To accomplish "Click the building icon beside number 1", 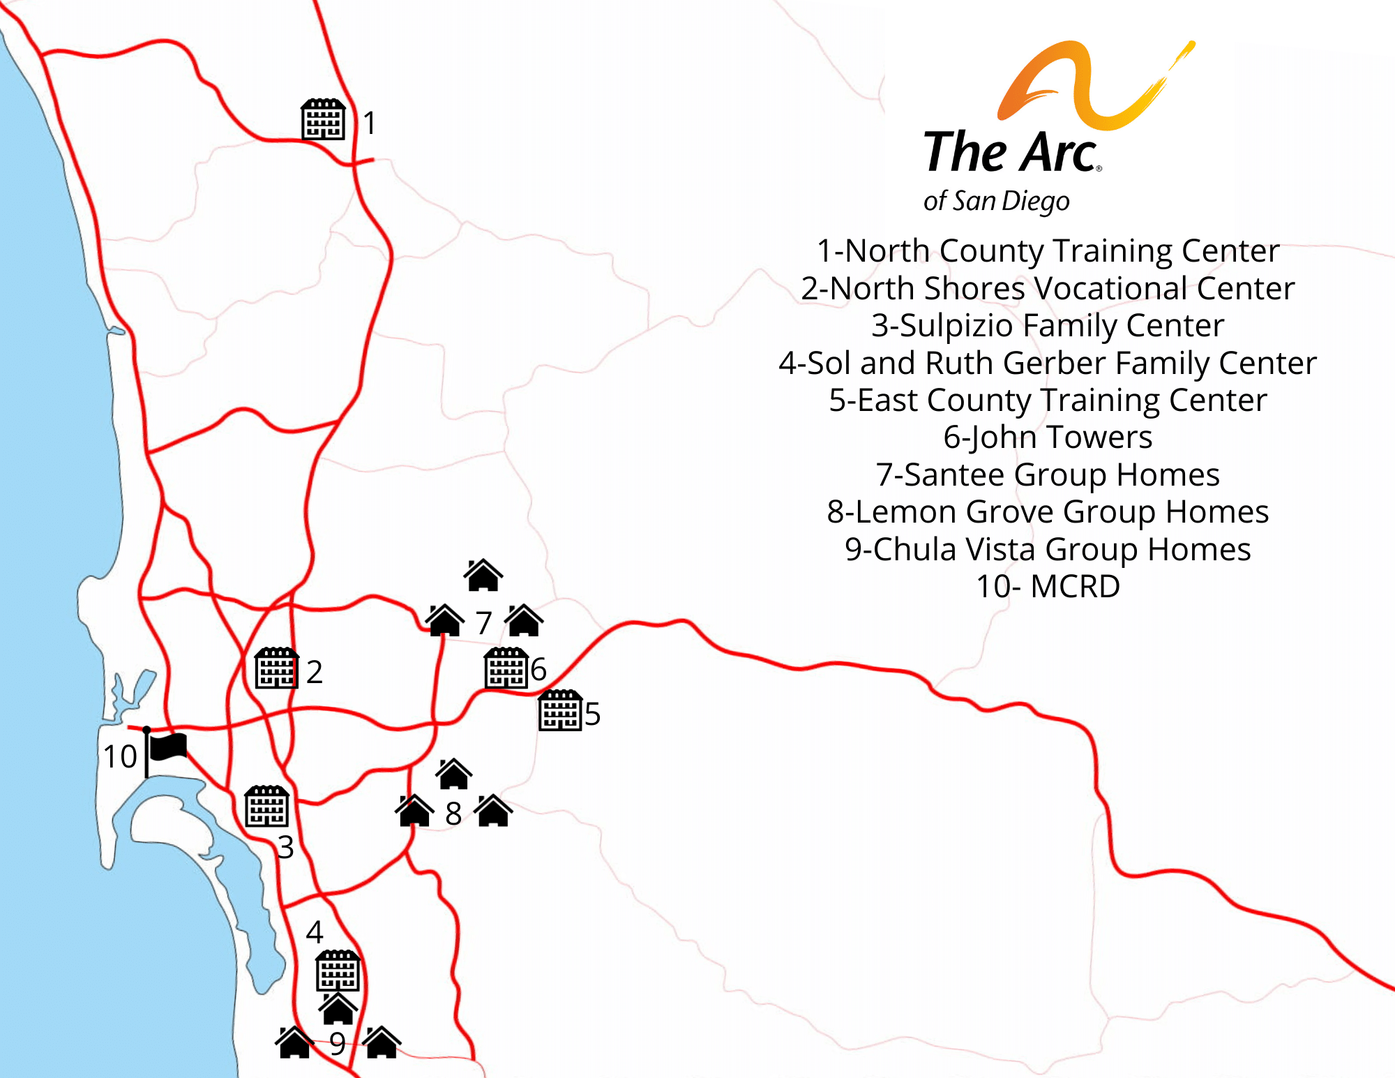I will tap(323, 119).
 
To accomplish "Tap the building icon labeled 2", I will tap(276, 668).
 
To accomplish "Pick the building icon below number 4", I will tap(338, 971).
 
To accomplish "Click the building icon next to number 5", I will tap(560, 710).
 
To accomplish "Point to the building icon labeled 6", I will tap(506, 668).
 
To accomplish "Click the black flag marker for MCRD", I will tap(166, 749).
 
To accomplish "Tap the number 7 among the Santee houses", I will tap(484, 623).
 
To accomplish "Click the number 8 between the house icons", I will tap(453, 814).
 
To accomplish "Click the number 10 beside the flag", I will tap(120, 756).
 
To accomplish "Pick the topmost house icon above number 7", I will tap(483, 575).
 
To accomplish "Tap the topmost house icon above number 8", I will tap(453, 773).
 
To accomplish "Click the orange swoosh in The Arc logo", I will tap(1088, 84).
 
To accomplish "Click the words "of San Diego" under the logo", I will tap(996, 201).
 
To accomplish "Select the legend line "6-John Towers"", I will tap(1048, 437).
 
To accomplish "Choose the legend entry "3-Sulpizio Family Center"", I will tap(1048, 326).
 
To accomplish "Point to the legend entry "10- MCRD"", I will tap(1048, 587).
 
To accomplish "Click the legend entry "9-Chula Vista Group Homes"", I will tap(1048, 550).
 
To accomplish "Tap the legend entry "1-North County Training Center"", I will tap(1048, 251).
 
